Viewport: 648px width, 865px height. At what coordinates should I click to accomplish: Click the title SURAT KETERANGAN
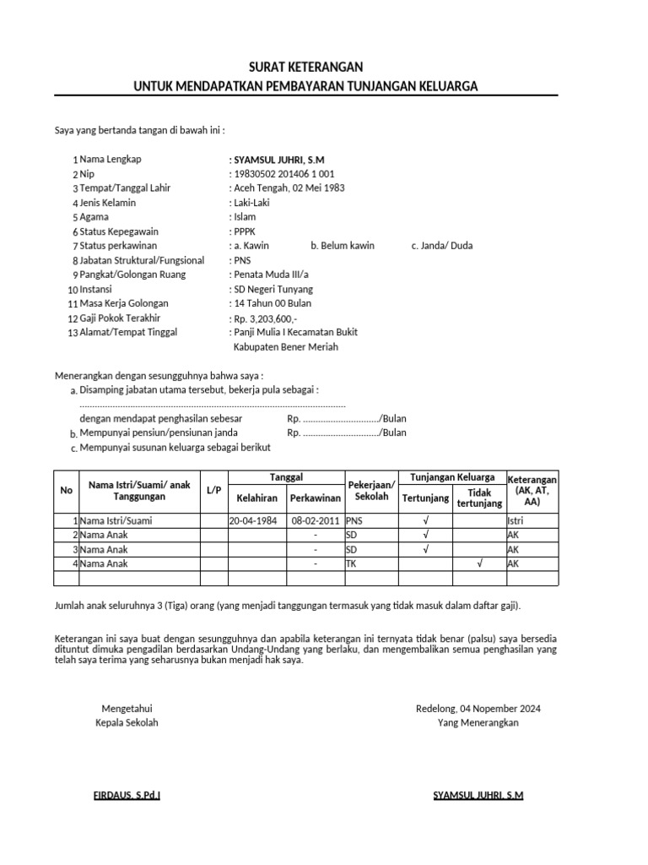click(307, 67)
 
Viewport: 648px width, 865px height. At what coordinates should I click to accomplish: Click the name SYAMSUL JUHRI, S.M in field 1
click(278, 160)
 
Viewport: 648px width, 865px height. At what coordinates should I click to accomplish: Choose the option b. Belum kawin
click(343, 246)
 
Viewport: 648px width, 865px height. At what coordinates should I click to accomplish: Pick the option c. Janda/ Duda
click(442, 246)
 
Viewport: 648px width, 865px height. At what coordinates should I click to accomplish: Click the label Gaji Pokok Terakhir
click(120, 318)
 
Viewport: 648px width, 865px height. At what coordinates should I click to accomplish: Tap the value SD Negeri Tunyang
click(273, 290)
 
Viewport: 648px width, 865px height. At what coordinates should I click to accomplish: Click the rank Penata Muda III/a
click(271, 275)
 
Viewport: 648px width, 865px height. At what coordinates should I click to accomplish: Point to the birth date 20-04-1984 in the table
click(252, 521)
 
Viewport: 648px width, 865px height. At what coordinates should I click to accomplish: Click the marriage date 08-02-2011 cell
click(315, 521)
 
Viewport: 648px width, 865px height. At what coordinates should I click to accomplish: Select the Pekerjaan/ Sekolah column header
click(371, 491)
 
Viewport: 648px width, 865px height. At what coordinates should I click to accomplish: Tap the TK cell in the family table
click(351, 563)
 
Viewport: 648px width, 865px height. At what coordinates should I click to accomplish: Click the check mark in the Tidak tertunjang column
click(479, 563)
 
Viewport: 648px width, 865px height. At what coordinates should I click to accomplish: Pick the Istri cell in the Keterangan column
click(515, 521)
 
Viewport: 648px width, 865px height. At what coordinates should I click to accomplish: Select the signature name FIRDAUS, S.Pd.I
click(127, 796)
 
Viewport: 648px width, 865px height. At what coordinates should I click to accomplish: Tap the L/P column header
click(213, 491)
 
